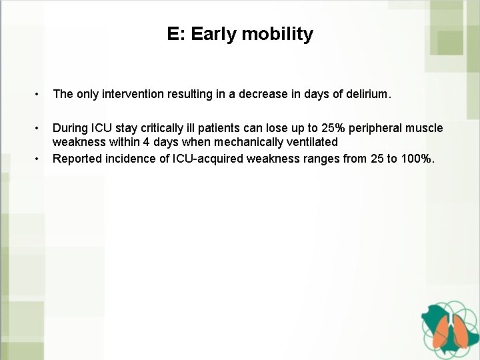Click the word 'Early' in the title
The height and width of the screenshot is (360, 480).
click(x=213, y=34)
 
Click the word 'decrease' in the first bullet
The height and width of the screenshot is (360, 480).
click(x=267, y=95)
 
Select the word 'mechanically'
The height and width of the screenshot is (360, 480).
click(x=249, y=142)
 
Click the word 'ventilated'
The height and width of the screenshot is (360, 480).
click(x=311, y=142)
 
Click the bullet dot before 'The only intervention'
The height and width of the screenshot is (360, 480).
click(x=42, y=95)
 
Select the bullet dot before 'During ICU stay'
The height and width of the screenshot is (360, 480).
click(x=42, y=127)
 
